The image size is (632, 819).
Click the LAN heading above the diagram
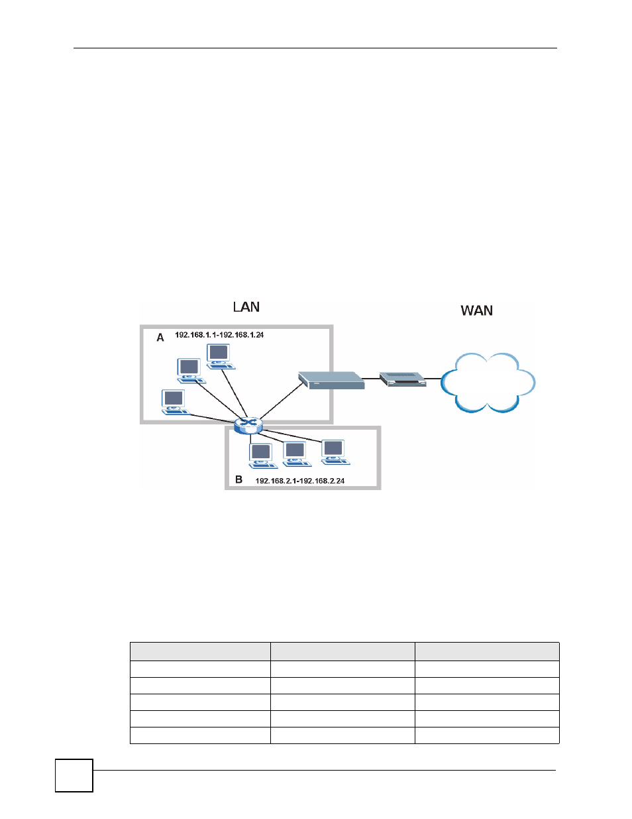[x=246, y=307]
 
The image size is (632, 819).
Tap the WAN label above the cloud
[x=476, y=310]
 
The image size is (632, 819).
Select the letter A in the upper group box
[x=160, y=338]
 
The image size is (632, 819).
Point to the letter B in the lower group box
[x=238, y=479]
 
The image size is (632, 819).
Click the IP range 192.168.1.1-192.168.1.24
[x=219, y=335]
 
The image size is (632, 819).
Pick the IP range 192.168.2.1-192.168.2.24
[x=300, y=481]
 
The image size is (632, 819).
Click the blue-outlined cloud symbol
[x=488, y=382]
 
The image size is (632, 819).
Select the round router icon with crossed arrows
[x=248, y=426]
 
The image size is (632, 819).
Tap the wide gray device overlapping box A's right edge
[x=331, y=380]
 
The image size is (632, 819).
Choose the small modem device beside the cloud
[x=403, y=379]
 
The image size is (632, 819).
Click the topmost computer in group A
[x=220, y=357]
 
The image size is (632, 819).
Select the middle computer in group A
[x=191, y=371]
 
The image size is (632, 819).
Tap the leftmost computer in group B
[x=263, y=456]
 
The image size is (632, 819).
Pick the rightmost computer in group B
[x=335, y=452]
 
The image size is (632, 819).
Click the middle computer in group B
[x=297, y=454]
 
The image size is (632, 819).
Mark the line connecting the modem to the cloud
[x=434, y=379]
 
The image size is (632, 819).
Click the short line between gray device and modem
[x=372, y=378]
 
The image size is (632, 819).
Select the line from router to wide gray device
[x=281, y=401]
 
